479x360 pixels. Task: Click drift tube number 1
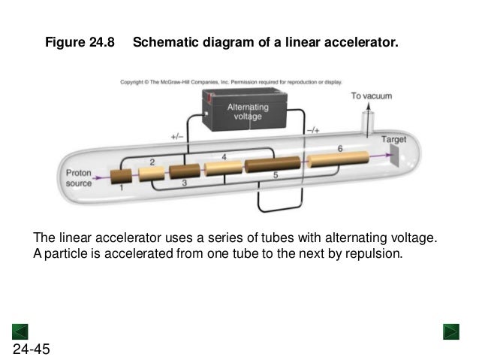coord(120,177)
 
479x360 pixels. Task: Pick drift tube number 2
coord(151,174)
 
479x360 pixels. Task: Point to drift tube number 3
coord(183,171)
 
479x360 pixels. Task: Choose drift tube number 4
coord(223,167)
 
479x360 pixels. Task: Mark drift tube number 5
coord(273,164)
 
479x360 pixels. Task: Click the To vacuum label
coord(372,96)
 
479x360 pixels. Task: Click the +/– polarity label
coord(176,137)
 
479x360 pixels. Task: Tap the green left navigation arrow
coord(20,331)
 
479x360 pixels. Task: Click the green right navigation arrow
coord(451,331)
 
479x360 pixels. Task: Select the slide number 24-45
coord(32,349)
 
